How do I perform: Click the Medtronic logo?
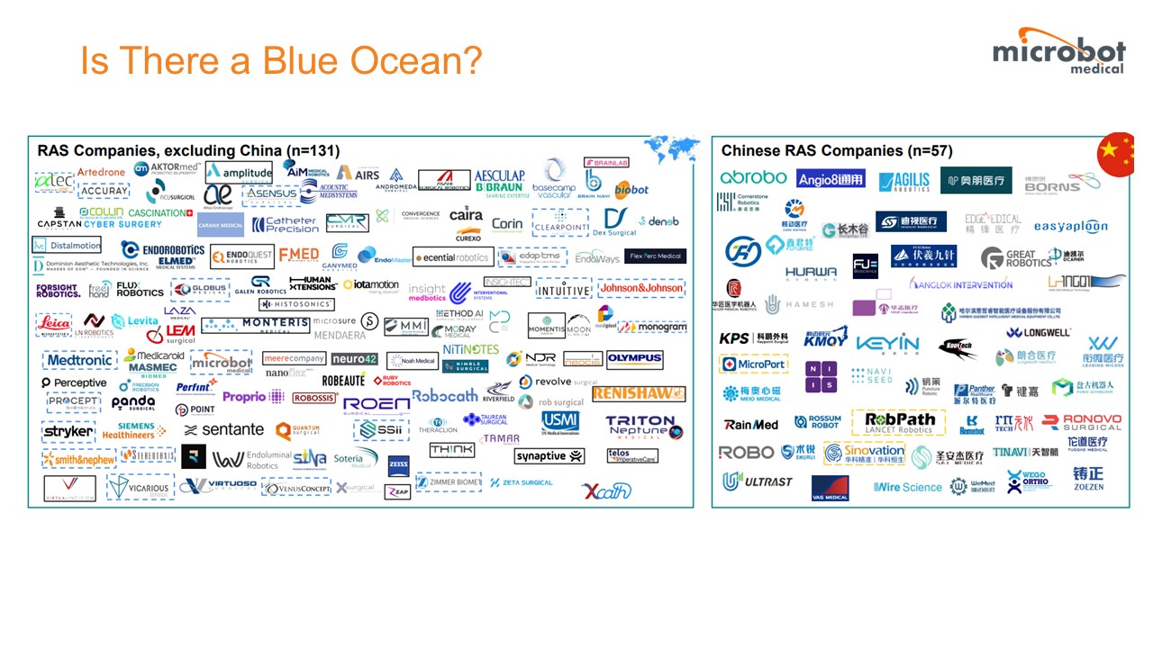[79, 360]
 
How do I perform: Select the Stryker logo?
[68, 432]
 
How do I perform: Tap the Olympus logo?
[634, 358]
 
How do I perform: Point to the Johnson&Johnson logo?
[641, 289]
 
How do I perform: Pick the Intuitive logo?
[563, 290]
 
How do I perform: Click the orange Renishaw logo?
[651, 394]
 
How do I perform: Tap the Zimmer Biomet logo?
[449, 481]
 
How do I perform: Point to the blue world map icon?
[671, 148]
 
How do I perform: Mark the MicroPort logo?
[754, 364]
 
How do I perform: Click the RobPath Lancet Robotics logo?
[900, 422]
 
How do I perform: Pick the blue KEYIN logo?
[887, 343]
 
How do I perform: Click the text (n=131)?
[313, 150]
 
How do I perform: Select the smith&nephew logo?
[79, 460]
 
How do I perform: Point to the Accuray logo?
[104, 192]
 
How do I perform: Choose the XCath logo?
[606, 490]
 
